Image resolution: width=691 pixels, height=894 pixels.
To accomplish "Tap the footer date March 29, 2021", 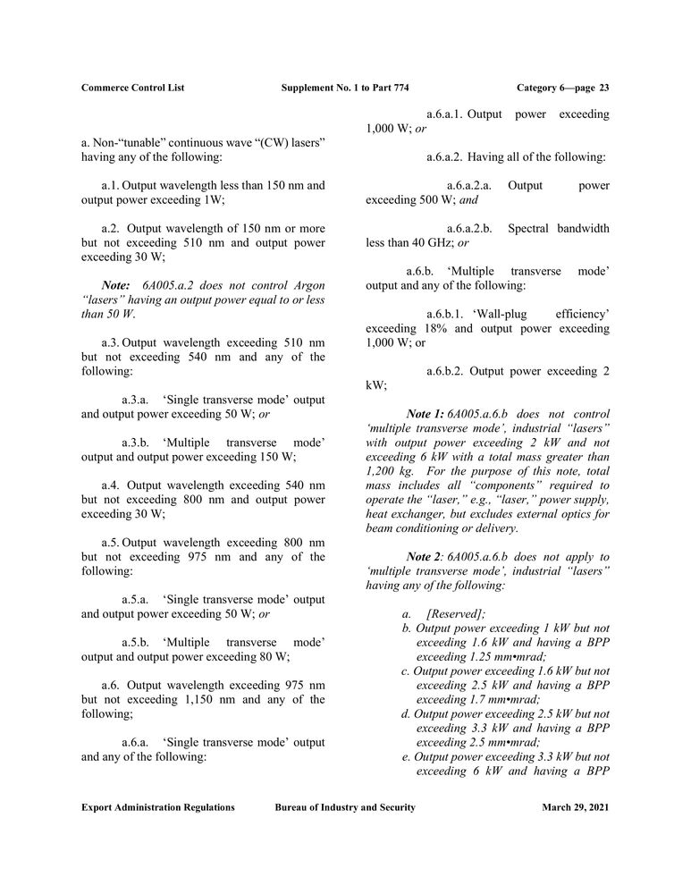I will tap(576, 807).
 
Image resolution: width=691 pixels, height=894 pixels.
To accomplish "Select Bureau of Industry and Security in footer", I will tap(345, 807).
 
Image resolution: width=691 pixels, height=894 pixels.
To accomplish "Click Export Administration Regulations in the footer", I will tap(158, 807).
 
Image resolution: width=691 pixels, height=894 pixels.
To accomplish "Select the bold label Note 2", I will tap(424, 556).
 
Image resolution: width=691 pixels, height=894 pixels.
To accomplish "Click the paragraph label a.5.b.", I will tap(137, 643).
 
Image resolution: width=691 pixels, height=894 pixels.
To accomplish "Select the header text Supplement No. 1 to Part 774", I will tap(345, 88).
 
